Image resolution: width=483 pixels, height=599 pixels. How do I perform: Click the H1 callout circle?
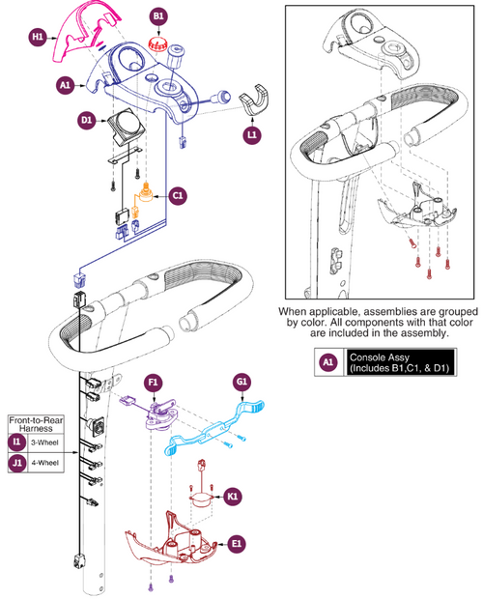click(38, 37)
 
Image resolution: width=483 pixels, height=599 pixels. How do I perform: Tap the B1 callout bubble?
click(158, 16)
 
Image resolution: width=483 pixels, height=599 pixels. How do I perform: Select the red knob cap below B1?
click(157, 43)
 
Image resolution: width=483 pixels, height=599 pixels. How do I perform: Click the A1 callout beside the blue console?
click(66, 85)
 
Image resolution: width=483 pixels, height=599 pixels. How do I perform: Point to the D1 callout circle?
click(87, 121)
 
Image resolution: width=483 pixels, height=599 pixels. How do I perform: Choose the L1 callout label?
click(252, 134)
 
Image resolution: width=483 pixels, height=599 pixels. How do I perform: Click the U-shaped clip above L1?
click(253, 100)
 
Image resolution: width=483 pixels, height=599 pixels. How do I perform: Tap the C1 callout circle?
click(178, 195)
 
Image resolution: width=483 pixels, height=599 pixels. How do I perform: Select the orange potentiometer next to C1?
click(145, 194)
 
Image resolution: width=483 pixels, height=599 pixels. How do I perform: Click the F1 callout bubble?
click(153, 383)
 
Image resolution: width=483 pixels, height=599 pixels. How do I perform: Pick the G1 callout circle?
click(241, 382)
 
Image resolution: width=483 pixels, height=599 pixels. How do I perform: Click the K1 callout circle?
click(232, 497)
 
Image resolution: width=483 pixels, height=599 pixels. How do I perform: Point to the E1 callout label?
click(237, 544)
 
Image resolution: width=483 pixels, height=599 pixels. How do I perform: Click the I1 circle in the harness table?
click(17, 442)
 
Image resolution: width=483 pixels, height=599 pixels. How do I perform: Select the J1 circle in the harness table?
click(17, 463)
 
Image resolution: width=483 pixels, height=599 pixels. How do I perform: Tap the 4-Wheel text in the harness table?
click(45, 463)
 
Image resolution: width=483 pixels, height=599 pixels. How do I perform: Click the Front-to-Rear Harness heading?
click(36, 424)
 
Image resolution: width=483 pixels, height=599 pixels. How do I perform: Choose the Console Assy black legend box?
click(400, 362)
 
